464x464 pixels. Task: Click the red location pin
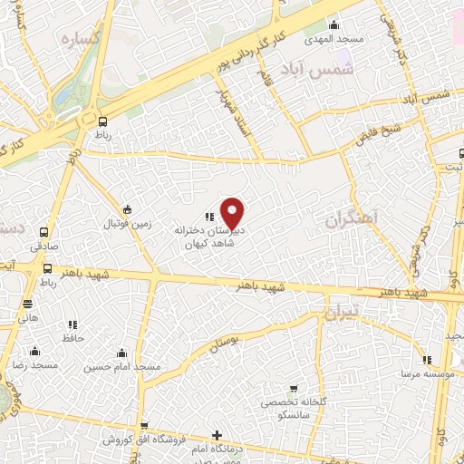[233, 213]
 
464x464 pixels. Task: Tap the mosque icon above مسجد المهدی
[335, 24]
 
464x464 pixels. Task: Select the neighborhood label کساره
[79, 40]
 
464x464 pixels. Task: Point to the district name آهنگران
[355, 218]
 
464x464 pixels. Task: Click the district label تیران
[343, 312]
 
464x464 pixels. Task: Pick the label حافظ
[72, 337]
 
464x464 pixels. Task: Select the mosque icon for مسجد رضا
[34, 351]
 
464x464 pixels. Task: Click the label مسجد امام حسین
[121, 366]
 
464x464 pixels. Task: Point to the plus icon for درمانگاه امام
[216, 436]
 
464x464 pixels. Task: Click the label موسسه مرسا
[422, 372]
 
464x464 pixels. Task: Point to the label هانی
[28, 319]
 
